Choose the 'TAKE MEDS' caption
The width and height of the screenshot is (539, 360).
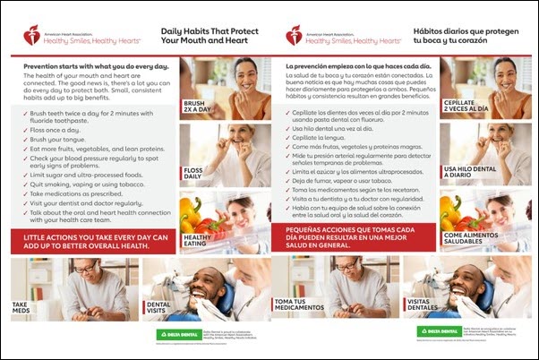coord(23,308)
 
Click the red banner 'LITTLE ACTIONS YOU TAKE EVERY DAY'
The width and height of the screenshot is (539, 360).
coord(93,242)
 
